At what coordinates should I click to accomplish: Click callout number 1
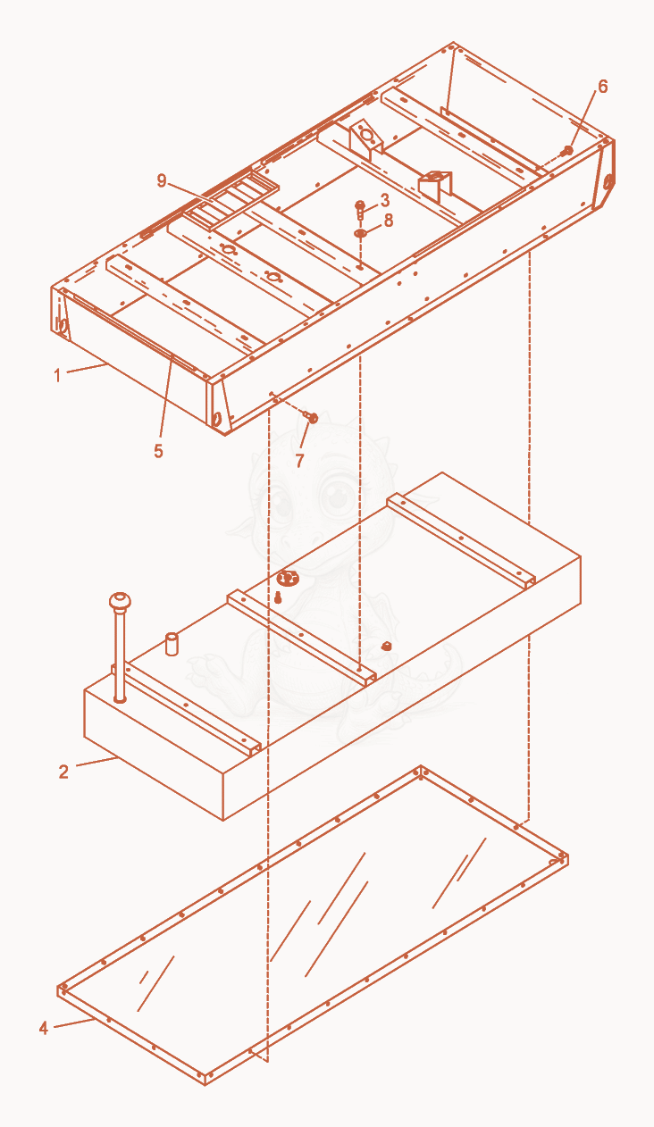coord(57,375)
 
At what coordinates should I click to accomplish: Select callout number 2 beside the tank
coord(63,772)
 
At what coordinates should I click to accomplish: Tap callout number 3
coord(385,200)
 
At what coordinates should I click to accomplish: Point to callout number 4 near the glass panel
coord(44,1028)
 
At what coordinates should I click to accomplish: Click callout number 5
coord(159,451)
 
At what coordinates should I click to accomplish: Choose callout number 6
coord(603,87)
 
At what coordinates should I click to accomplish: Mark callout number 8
coord(388,221)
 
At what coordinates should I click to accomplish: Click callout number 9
coord(162,180)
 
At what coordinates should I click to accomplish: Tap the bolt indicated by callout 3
coord(360,209)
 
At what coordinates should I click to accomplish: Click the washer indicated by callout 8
coord(360,233)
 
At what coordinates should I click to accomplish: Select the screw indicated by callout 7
coord(311,416)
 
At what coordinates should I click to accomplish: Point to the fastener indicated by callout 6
coord(567,150)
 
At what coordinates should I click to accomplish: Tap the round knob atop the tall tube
coord(120,601)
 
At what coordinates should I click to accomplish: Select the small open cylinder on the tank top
coord(172,645)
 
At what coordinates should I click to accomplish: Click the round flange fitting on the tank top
coord(288,579)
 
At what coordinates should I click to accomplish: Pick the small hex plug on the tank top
coord(386,646)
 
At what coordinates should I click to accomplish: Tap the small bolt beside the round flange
coord(277,598)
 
